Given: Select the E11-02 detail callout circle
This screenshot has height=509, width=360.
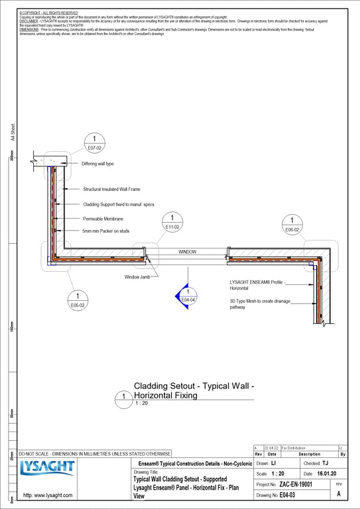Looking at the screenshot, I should point(172,222).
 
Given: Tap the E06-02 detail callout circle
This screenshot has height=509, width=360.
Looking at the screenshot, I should point(292,225).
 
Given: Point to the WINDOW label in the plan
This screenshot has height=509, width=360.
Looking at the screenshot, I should point(188,252).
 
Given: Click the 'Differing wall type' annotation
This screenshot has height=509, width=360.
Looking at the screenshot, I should point(98,164).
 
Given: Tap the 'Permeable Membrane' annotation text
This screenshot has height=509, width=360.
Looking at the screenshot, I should point(103,218).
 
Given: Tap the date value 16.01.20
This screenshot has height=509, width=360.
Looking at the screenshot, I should point(326,475).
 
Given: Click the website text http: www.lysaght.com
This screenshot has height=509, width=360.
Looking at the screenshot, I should point(48,495).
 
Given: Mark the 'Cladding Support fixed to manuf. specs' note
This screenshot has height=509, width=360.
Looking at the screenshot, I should point(119,204).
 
